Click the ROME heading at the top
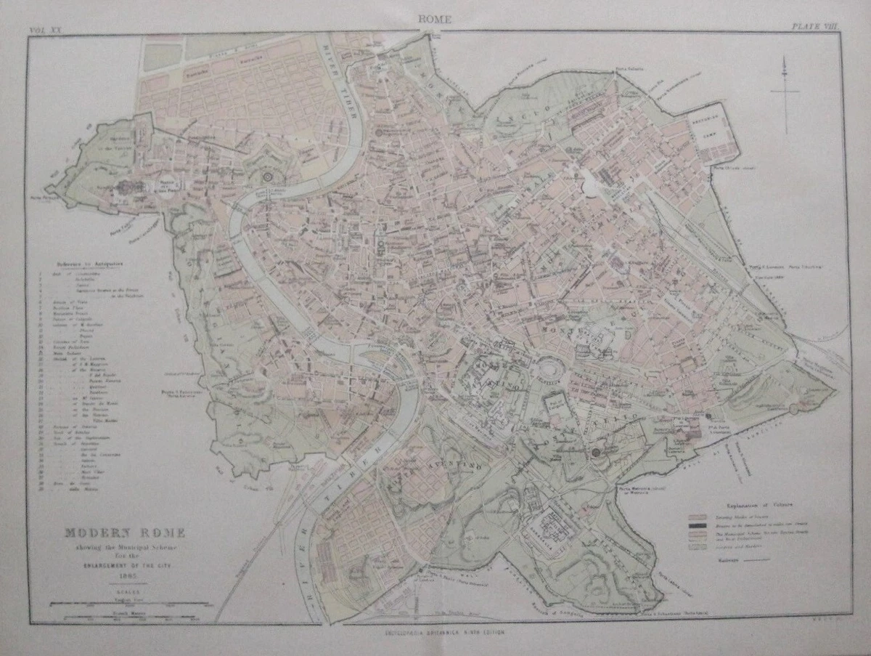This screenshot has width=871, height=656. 435,20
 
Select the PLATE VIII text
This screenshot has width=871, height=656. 814,27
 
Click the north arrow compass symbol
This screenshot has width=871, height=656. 785,91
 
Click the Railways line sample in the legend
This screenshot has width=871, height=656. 755,560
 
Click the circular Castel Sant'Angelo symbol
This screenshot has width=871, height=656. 269,177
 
